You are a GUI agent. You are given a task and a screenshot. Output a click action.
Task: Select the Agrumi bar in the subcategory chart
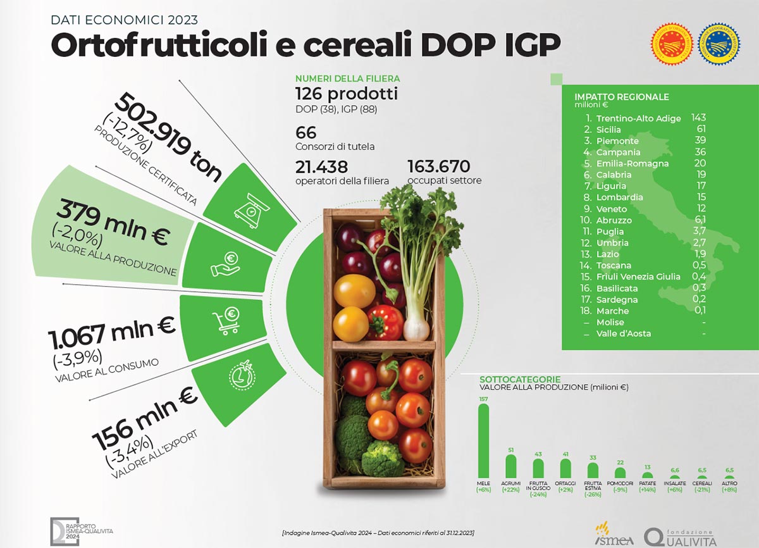510,466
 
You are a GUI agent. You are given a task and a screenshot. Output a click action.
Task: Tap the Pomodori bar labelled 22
620,472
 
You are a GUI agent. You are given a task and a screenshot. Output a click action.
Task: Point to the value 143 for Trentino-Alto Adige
698,118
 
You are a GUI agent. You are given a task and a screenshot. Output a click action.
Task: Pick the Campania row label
618,152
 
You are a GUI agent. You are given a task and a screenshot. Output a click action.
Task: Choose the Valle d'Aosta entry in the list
623,333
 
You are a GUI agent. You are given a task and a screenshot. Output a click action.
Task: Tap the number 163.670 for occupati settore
438,166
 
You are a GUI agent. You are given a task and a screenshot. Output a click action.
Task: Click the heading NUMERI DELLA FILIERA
347,79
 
